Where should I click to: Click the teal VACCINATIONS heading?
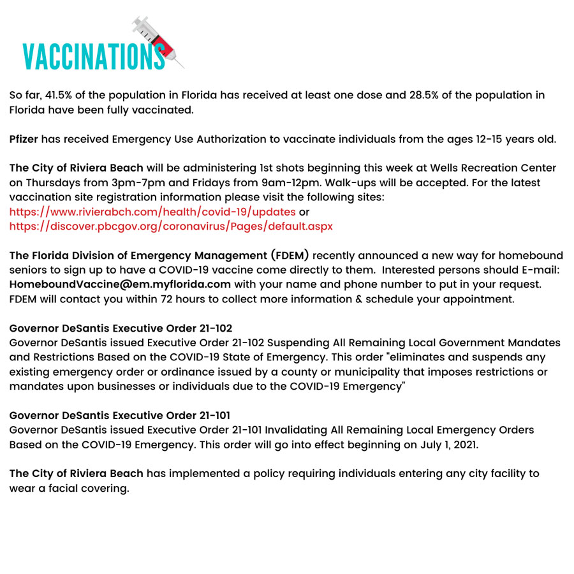pyautogui.click(x=93, y=55)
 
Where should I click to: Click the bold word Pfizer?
pyautogui.click(x=25, y=139)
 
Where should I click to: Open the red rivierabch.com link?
pyautogui.click(x=152, y=211)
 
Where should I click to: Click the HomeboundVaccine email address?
pyautogui.click(x=120, y=284)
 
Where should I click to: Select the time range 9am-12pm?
pyautogui.click(x=286, y=182)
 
